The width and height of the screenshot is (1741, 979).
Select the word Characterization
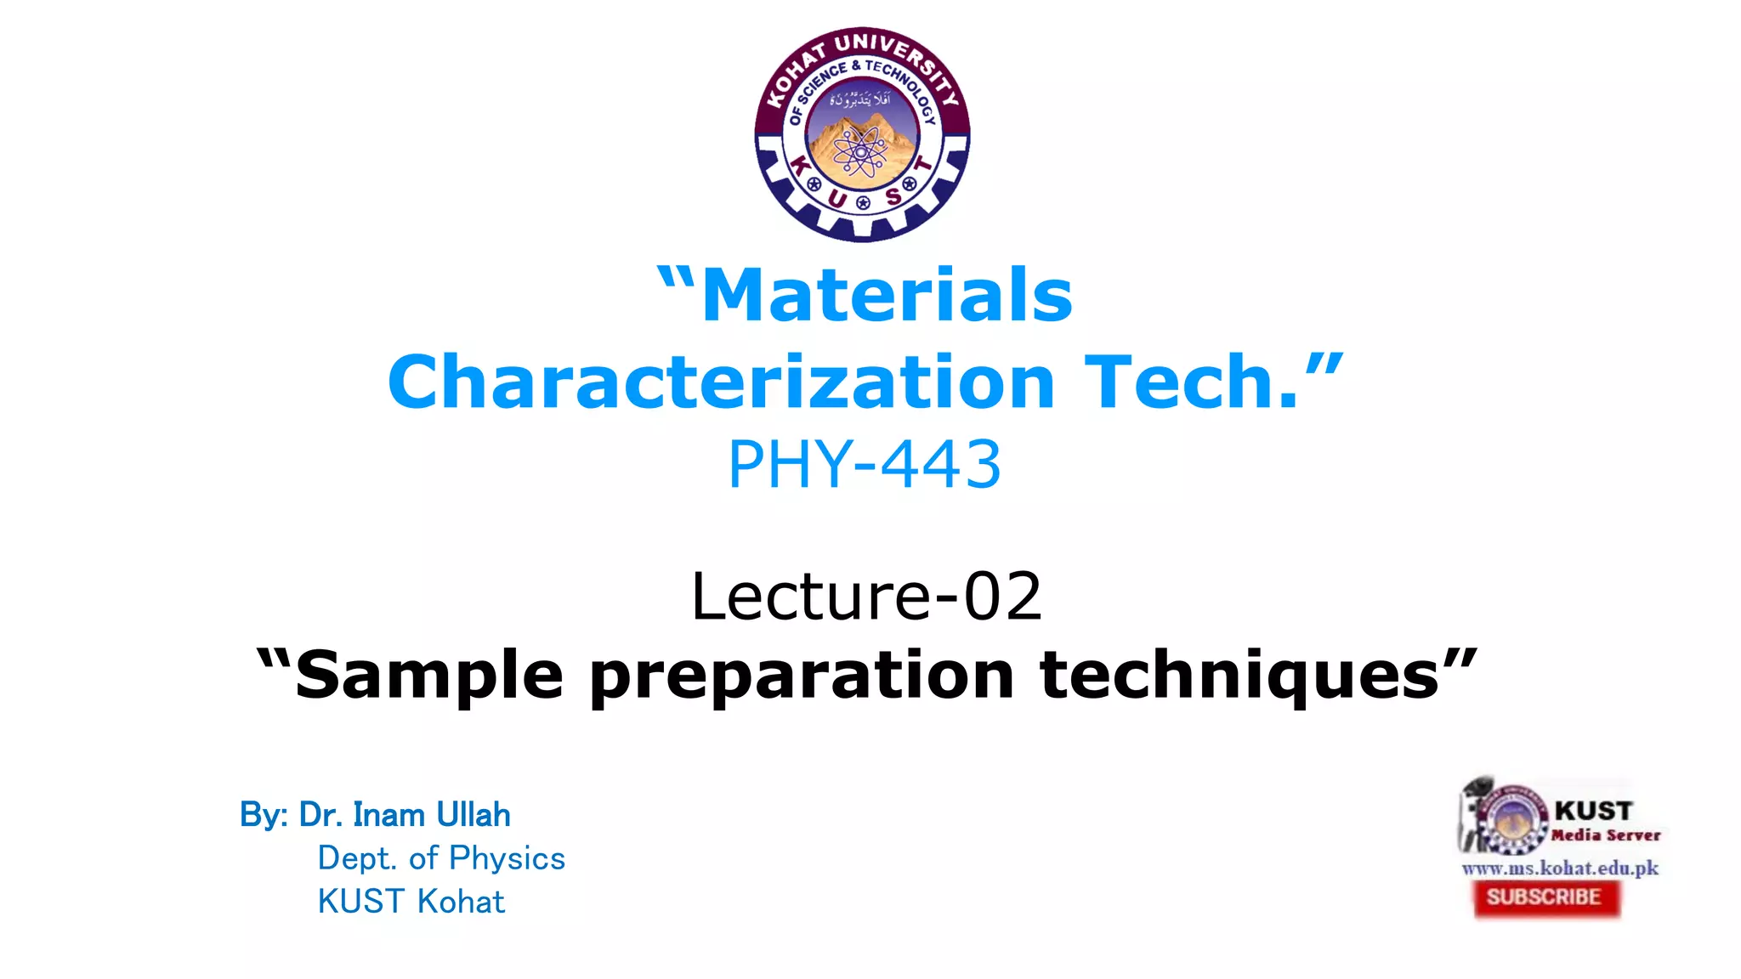click(x=721, y=382)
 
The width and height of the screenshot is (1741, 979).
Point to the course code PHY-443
click(x=865, y=465)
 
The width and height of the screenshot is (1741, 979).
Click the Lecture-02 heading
click(x=866, y=596)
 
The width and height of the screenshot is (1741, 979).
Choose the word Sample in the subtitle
click(x=429, y=675)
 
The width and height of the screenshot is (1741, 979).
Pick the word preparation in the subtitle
click(x=802, y=676)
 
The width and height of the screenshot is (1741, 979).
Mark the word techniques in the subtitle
click(x=1239, y=676)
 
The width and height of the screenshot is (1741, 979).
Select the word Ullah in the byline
click(x=474, y=815)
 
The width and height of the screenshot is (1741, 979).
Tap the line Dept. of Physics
click(x=441, y=858)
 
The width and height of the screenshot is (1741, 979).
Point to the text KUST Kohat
click(x=411, y=902)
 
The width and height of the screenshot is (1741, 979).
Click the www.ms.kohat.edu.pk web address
click(x=1560, y=868)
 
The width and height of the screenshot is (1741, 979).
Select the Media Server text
click(x=1605, y=835)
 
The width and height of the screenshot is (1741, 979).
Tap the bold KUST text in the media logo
click(x=1594, y=811)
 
